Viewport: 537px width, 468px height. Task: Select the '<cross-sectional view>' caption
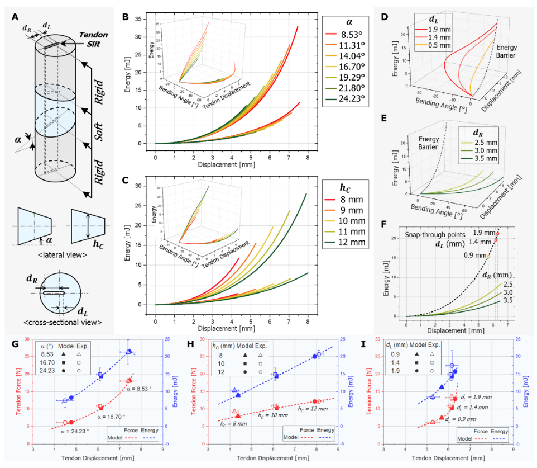[x=60, y=322]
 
